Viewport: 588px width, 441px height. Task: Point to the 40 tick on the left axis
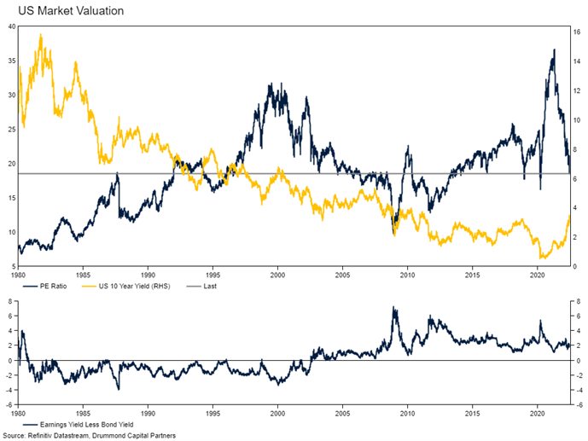[x=11, y=26]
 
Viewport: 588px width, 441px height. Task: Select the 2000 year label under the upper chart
[x=277, y=276]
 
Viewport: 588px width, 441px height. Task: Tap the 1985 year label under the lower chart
[x=83, y=412]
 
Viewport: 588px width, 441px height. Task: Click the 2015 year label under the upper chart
[x=472, y=276]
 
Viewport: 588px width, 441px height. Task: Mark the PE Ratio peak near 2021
[x=554, y=49]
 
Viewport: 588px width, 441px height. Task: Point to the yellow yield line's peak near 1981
[x=41, y=36]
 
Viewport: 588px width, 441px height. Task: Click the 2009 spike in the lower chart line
[x=393, y=307]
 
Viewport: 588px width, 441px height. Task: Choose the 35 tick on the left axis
[x=11, y=61]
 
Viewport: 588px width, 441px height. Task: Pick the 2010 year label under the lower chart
[x=407, y=412]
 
